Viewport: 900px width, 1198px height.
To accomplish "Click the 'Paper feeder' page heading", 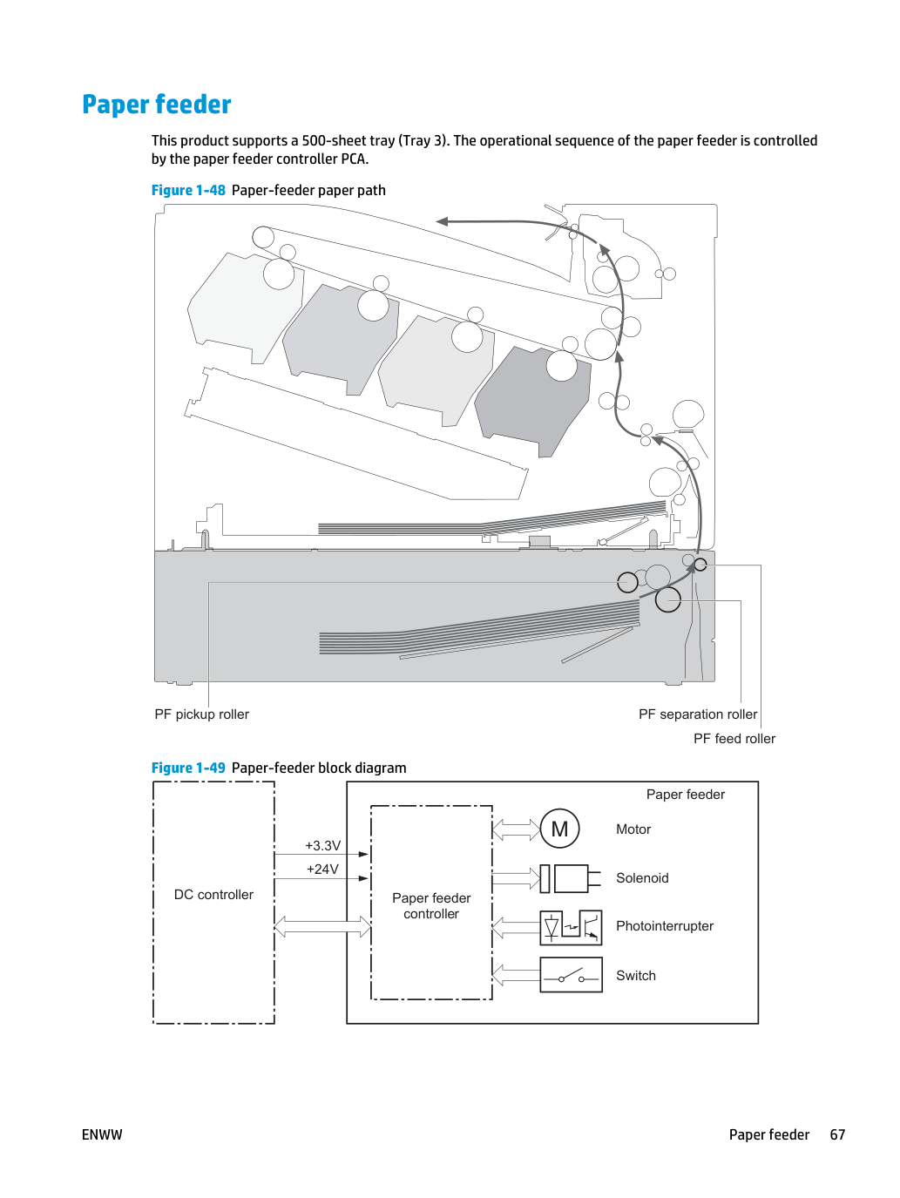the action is point(156,105).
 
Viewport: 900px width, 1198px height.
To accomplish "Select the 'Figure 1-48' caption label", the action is point(188,191).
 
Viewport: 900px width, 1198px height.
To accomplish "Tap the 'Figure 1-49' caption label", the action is point(188,768).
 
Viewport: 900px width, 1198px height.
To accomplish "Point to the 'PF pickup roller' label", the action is point(201,714).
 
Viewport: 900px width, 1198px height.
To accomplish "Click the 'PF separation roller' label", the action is point(698,714).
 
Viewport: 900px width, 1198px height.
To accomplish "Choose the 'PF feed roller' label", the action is point(734,739).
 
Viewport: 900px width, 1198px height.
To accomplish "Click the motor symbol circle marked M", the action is point(559,829).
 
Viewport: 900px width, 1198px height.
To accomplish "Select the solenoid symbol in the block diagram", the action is point(570,878).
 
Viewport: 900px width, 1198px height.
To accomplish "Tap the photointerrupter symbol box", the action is point(571,927).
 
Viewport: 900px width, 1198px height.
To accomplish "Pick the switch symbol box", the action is point(571,975).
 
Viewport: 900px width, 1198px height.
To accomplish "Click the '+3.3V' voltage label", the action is point(322,845).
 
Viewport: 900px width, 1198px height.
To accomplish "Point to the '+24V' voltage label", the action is point(322,869).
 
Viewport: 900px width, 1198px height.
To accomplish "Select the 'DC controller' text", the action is point(213,895).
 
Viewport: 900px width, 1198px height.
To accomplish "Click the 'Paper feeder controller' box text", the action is point(431,906).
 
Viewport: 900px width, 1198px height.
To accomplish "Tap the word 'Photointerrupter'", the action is point(664,926).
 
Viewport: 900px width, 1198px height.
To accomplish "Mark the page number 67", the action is point(837,1134).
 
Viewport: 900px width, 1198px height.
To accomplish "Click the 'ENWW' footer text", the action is point(102,1134).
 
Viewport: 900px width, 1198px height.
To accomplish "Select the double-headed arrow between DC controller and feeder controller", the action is point(322,927).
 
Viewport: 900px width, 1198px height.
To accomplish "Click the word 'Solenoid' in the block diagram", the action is point(642,878).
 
